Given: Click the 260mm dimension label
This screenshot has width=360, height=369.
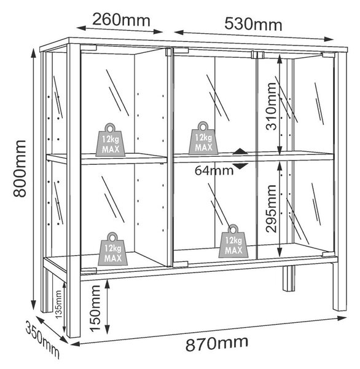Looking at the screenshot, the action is click(x=121, y=20).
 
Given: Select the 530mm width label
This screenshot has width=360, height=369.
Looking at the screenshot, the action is click(x=253, y=24).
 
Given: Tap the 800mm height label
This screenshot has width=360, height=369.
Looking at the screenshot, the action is click(x=20, y=169).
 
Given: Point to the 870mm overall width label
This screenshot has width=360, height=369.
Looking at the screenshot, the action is click(x=217, y=343).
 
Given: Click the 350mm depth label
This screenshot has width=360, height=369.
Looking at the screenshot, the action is click(x=42, y=339).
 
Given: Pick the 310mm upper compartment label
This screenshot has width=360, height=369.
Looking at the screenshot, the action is click(x=271, y=106).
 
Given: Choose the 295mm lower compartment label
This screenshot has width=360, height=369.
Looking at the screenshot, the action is click(x=271, y=208).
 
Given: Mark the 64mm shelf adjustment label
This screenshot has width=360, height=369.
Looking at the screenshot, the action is click(x=214, y=170).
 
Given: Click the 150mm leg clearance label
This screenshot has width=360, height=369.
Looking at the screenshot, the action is click(x=95, y=309).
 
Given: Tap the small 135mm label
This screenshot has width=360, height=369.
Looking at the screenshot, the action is click(x=58, y=304).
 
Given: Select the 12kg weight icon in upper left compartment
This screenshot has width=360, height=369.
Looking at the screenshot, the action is click(x=111, y=140).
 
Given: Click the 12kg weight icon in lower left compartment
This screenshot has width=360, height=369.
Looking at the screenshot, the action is click(x=112, y=249).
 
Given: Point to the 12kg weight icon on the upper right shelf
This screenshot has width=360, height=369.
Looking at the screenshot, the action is click(x=203, y=138).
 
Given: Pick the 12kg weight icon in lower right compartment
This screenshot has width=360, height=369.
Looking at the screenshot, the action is click(x=233, y=241).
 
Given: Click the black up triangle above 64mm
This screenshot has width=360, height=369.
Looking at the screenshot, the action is click(x=240, y=151).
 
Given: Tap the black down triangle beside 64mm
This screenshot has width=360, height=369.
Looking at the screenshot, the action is click(x=240, y=166).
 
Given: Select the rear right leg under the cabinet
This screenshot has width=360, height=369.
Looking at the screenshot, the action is click(x=289, y=279).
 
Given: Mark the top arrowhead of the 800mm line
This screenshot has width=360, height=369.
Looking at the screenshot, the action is click(x=34, y=53).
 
